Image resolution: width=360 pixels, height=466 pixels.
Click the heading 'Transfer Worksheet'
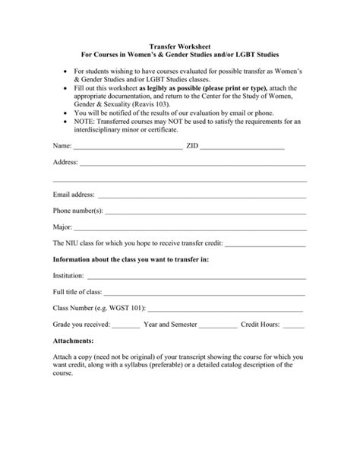180,46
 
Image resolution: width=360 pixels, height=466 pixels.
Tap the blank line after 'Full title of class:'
205,293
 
